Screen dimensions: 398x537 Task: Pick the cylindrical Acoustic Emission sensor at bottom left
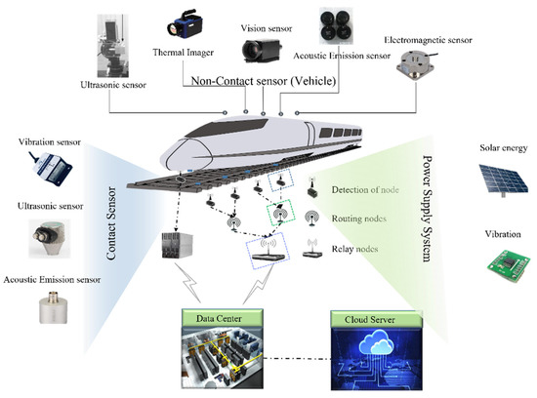pyautogui.click(x=38, y=310)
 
